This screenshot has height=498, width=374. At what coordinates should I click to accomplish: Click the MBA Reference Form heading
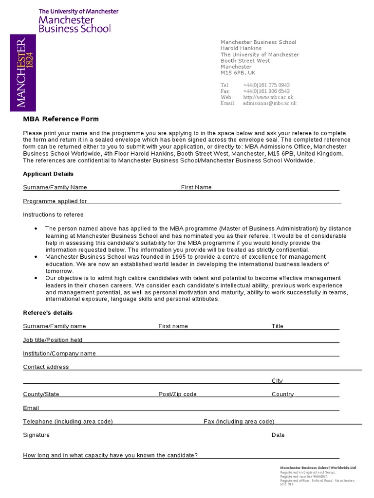pyautogui.click(x=61, y=119)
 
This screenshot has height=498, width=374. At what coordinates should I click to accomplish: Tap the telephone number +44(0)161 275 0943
pyautogui.click(x=266, y=85)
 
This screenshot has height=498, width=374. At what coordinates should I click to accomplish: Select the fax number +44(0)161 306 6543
pyautogui.click(x=266, y=91)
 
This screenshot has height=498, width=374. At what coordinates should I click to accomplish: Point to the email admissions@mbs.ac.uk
pyautogui.click(x=269, y=103)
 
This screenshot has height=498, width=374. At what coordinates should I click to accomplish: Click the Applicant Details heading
pyautogui.click(x=48, y=174)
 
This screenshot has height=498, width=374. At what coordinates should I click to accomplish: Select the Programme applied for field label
pyautogui.click(x=55, y=201)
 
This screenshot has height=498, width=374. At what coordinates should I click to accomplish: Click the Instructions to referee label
pyautogui.click(x=53, y=215)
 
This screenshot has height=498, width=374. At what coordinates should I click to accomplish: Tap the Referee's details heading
pyautogui.click(x=48, y=313)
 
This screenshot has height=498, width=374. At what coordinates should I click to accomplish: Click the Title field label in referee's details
pyautogui.click(x=277, y=326)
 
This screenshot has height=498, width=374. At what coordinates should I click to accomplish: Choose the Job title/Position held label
pyautogui.click(x=53, y=340)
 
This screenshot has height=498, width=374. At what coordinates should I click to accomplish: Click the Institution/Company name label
pyautogui.click(x=59, y=354)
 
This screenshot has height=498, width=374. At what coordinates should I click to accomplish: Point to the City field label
pyautogui.click(x=277, y=381)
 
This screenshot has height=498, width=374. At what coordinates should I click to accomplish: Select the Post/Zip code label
pyautogui.click(x=177, y=394)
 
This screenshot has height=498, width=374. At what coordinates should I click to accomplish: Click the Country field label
pyautogui.click(x=282, y=394)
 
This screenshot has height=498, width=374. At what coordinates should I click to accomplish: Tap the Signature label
pyautogui.click(x=36, y=435)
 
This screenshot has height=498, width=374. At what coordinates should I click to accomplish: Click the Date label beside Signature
pyautogui.click(x=278, y=435)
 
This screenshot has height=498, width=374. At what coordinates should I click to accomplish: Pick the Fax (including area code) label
pyautogui.click(x=239, y=422)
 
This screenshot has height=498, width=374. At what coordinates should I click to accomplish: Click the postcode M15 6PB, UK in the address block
pyautogui.click(x=238, y=73)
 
